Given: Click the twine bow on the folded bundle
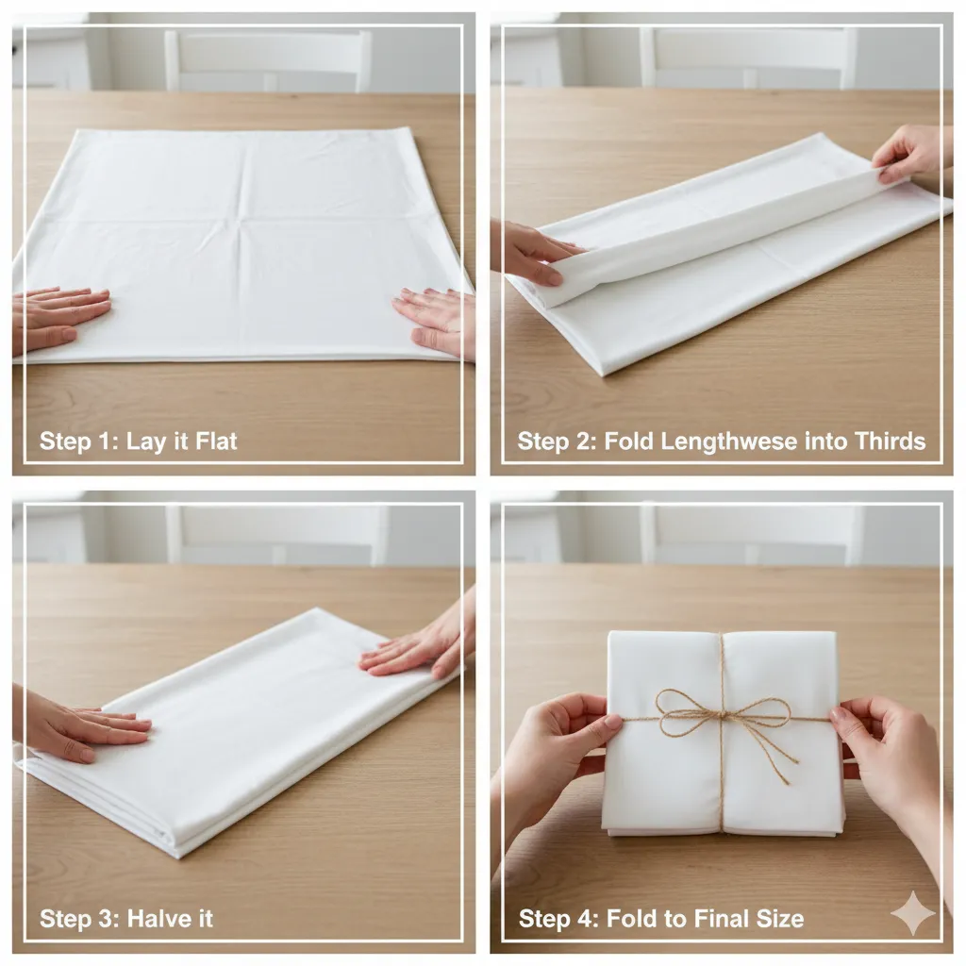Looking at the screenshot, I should (x=722, y=716).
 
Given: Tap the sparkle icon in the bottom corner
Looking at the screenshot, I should (x=912, y=913).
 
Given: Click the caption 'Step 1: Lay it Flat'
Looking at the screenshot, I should (x=138, y=441).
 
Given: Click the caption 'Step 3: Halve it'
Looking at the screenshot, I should (x=125, y=918).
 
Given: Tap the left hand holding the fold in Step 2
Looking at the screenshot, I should (x=533, y=253).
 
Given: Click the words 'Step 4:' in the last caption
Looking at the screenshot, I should (x=558, y=918).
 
